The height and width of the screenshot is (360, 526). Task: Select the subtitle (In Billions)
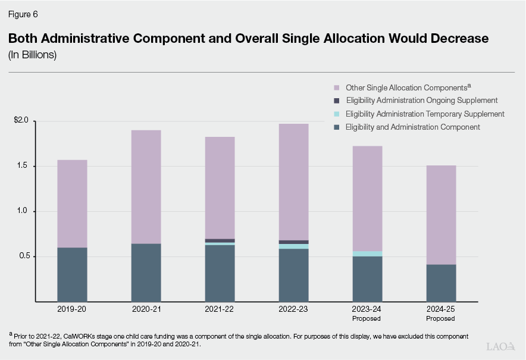tap(32, 55)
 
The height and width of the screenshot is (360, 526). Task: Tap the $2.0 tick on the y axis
tap(21, 121)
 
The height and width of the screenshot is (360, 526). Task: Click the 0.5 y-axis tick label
tap(24, 256)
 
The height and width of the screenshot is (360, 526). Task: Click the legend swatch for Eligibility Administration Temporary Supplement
tap(337, 114)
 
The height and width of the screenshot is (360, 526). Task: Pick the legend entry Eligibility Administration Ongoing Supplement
tap(421, 101)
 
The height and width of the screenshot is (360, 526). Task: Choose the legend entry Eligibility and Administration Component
tap(412, 127)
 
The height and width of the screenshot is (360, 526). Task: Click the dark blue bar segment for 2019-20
tap(72, 274)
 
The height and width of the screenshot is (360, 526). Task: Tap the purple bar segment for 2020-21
tap(146, 186)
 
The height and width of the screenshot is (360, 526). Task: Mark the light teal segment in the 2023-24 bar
tap(367, 253)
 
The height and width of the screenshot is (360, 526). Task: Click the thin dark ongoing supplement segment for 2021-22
tap(220, 240)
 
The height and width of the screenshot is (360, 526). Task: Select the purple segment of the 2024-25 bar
tap(441, 214)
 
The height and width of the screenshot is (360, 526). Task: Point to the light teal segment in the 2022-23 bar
tap(293, 246)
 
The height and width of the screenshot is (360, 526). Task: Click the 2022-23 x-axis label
tap(293, 309)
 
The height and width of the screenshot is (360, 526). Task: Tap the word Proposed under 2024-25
tap(441, 319)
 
